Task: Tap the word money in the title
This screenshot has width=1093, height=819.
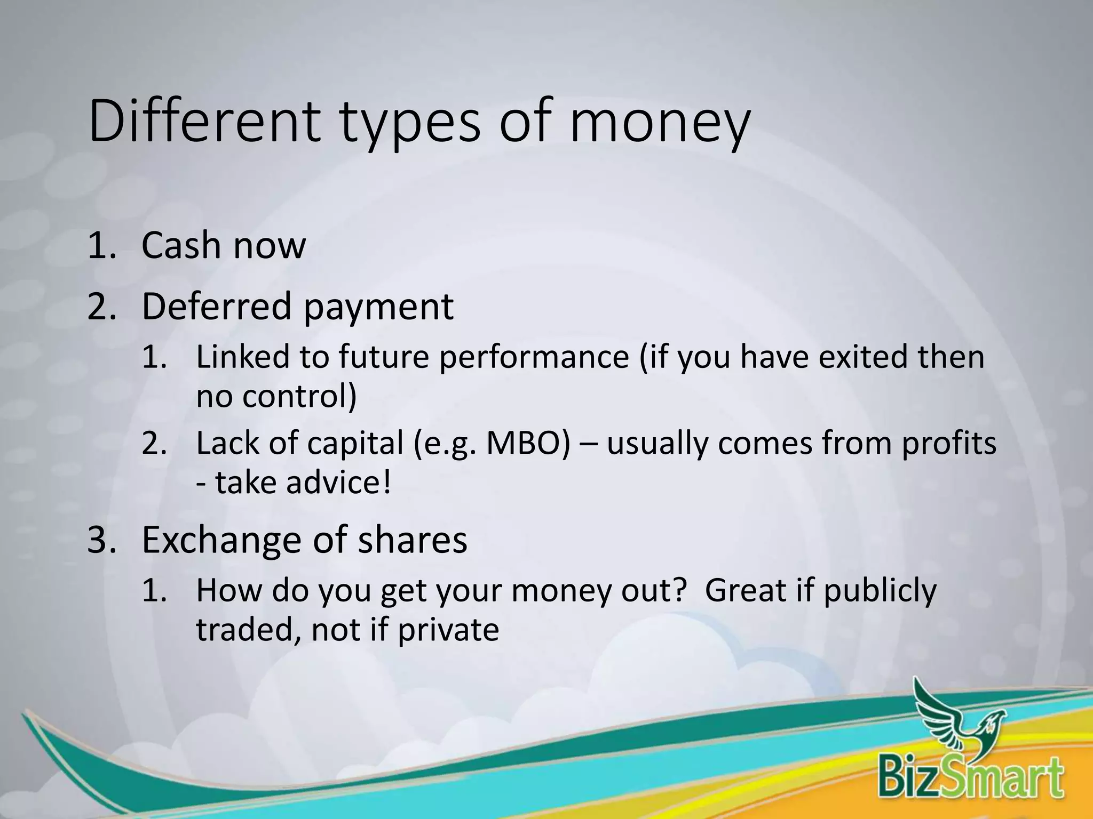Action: point(660,124)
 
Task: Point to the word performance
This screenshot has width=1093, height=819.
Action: point(534,357)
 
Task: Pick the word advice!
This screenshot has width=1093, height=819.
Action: point(339,483)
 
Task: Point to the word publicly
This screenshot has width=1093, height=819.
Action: point(880,591)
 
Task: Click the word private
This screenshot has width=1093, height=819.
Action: point(448,630)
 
